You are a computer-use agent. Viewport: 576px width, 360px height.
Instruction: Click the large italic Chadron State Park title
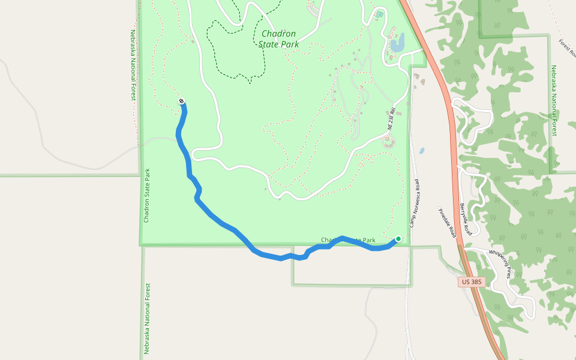coord(279,39)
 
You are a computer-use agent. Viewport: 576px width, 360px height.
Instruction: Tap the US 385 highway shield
coord(472,281)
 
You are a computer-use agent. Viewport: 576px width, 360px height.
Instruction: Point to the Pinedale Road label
coord(448,221)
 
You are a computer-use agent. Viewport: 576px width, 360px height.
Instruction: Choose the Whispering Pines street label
coord(502,264)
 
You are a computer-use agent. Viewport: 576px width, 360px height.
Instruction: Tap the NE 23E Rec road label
coord(392,119)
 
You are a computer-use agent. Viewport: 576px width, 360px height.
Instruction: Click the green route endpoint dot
coord(398,239)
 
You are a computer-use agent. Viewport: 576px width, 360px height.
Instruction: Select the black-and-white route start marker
coord(181,101)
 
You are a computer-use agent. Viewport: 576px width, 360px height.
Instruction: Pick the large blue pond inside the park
coord(397,43)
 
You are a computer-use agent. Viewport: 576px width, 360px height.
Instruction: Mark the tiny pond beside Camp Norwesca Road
coord(422,151)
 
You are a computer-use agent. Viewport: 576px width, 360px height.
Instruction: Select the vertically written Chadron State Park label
coord(146,196)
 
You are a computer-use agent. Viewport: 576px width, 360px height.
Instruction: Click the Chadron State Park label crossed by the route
coord(348,241)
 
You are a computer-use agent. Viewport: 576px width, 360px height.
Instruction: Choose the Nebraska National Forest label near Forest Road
coord(554,100)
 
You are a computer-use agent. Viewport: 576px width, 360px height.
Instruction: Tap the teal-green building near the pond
coord(379,14)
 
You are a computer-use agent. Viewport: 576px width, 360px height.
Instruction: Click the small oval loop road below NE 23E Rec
coord(388,142)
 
